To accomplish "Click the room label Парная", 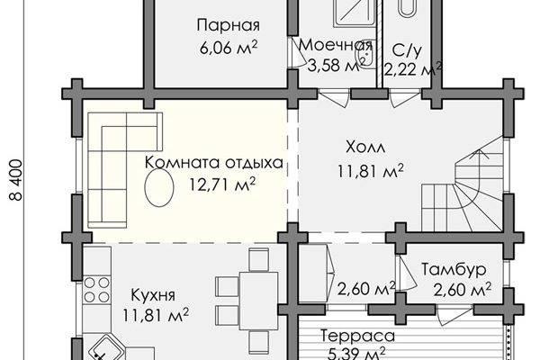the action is click(229, 26).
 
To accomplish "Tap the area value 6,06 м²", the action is click(229, 48).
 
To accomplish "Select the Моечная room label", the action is click(336, 45).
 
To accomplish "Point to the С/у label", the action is click(407, 50).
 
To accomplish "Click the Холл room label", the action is click(365, 148).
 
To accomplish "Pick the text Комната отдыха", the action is click(214, 163).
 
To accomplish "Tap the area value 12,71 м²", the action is click(222, 184).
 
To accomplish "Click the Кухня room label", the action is click(153, 295).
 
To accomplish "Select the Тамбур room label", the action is click(454, 269).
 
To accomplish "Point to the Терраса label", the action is click(357, 336).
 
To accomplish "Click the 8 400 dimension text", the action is click(16, 179).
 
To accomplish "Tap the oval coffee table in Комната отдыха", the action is click(158, 188).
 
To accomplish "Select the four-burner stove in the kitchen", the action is click(97, 290).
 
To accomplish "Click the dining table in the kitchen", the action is click(259, 301).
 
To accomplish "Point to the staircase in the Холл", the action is click(463, 191).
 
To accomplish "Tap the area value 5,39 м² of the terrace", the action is click(356, 354).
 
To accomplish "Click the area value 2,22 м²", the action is click(413, 70).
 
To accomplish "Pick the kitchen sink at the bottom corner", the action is click(105, 348).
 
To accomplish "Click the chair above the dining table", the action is click(258, 259).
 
